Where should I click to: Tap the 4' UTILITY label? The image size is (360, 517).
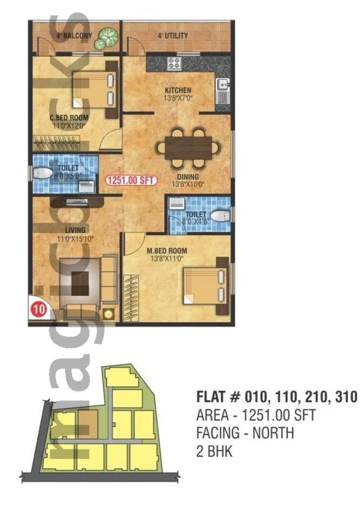tap(173, 36)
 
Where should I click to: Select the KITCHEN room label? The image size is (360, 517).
tap(178, 90)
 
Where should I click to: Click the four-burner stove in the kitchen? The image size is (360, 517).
tap(175, 62)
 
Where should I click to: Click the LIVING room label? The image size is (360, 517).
tap(68, 230)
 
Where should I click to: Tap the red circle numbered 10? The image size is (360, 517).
tap(38, 310)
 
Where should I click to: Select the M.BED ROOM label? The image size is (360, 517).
tap(167, 251)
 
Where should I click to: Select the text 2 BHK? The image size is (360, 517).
tap(214, 451)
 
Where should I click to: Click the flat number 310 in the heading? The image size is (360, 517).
tap(343, 397)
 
